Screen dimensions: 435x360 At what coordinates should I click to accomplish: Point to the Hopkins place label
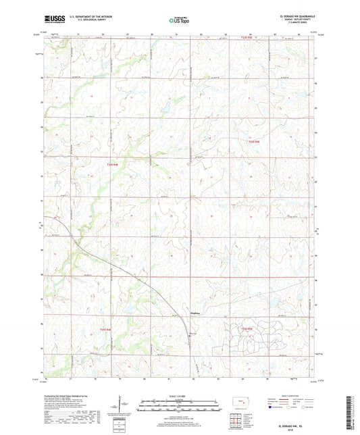point(193,313)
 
